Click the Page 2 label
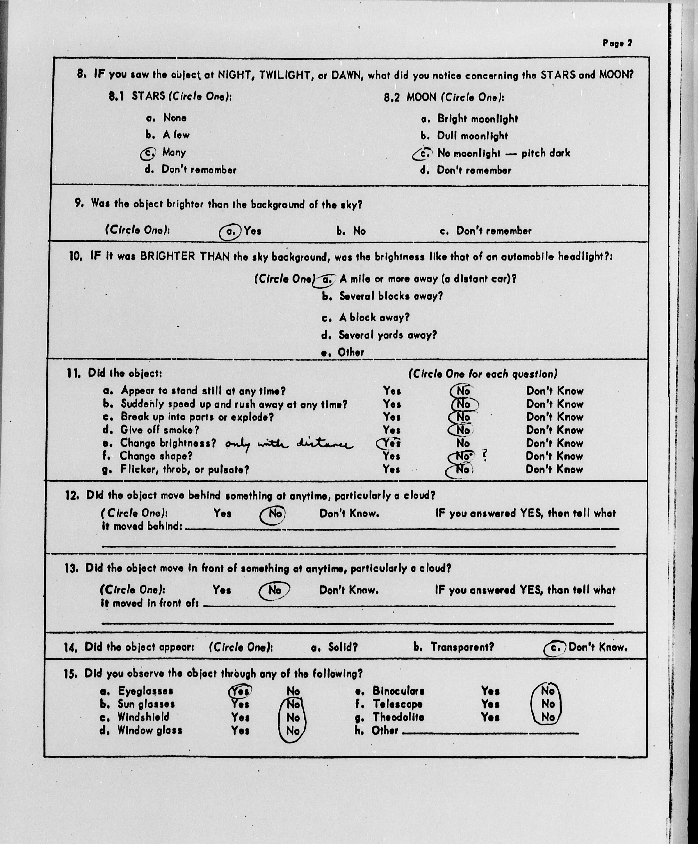point(617,43)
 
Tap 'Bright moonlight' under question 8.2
point(477,119)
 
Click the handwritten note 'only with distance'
point(288,444)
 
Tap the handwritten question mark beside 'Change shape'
point(485,455)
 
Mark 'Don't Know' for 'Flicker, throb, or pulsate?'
point(554,469)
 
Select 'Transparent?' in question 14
point(462,647)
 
